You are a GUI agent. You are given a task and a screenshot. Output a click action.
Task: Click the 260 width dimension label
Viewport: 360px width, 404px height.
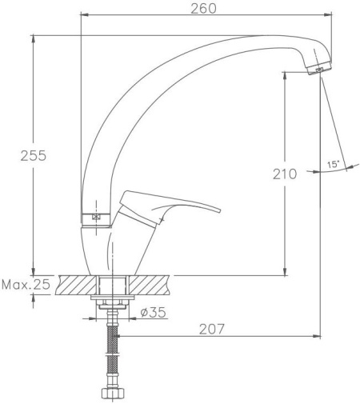pyautogui.click(x=203, y=9)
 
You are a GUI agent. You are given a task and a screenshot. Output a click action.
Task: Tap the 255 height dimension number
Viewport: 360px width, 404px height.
pyautogui.click(x=34, y=156)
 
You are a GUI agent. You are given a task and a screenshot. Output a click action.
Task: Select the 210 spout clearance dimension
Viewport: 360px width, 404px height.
pyautogui.click(x=285, y=174)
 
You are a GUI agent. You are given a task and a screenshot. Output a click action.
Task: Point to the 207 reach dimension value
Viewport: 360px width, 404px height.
pyautogui.click(x=212, y=329)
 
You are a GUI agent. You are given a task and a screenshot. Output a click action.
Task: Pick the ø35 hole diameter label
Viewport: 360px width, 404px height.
pyautogui.click(x=153, y=313)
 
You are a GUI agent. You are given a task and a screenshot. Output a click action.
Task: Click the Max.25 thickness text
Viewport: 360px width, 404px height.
pyautogui.click(x=26, y=285)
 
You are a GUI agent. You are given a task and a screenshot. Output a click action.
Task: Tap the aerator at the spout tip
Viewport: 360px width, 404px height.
pyautogui.click(x=319, y=68)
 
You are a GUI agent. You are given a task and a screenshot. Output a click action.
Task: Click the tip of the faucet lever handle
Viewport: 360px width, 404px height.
pyautogui.click(x=219, y=210)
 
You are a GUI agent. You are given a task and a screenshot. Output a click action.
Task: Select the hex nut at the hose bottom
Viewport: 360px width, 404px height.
pyautogui.click(x=113, y=393)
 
